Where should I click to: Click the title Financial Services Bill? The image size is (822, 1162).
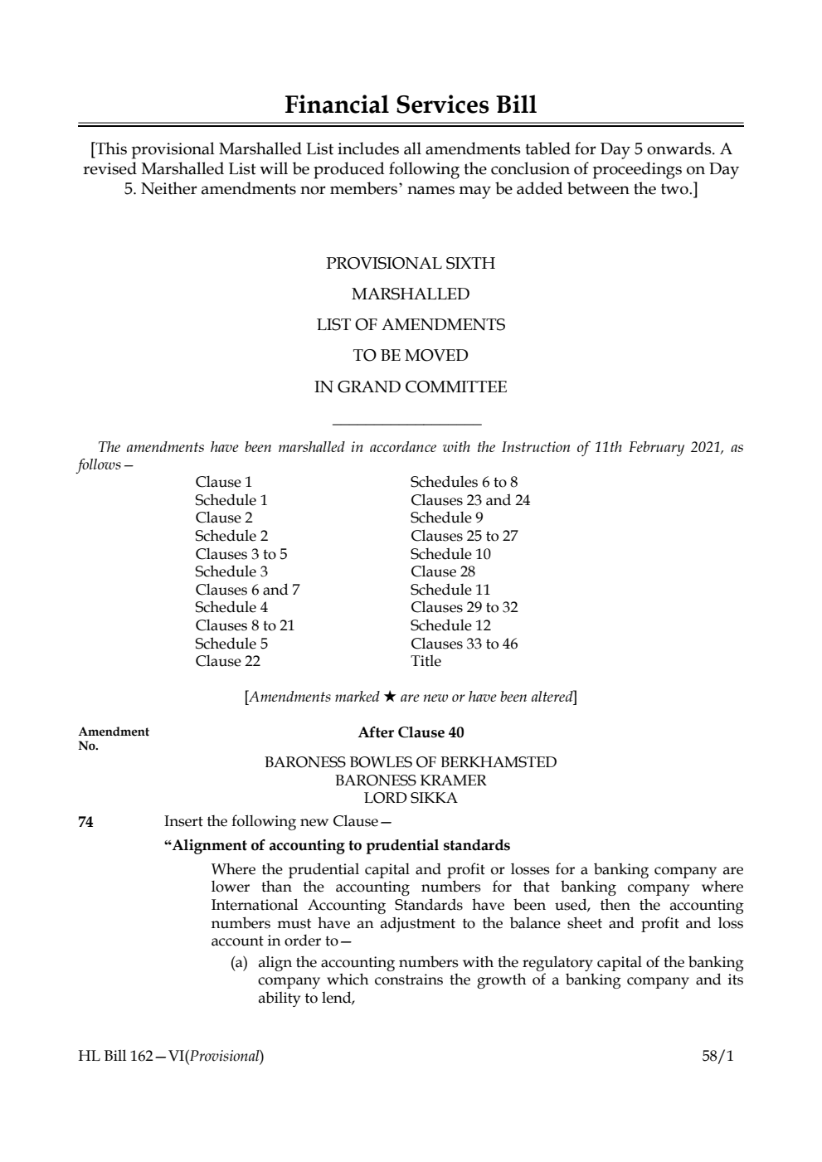[x=411, y=105]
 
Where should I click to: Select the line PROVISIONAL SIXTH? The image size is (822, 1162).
[x=411, y=264]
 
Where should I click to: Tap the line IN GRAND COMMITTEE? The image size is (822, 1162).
[x=411, y=387]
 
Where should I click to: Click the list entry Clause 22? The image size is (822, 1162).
[x=227, y=661]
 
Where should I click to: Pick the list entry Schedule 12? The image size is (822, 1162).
[x=450, y=625]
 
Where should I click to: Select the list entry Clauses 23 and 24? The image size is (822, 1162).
[x=469, y=500]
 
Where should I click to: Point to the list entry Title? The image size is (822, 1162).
[x=426, y=661]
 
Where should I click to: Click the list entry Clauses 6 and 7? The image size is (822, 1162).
[x=247, y=590]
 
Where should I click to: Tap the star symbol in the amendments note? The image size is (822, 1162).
[x=390, y=697]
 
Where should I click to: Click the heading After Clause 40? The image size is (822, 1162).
[x=411, y=732]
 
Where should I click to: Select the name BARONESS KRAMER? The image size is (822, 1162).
[x=411, y=780]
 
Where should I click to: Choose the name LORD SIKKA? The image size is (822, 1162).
[x=411, y=799]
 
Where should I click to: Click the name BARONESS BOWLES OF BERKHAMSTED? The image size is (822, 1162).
[x=411, y=762]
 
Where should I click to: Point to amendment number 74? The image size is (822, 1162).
[x=85, y=822]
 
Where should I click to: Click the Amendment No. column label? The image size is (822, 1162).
[x=113, y=738]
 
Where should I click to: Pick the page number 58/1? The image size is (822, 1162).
[x=717, y=1057]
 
